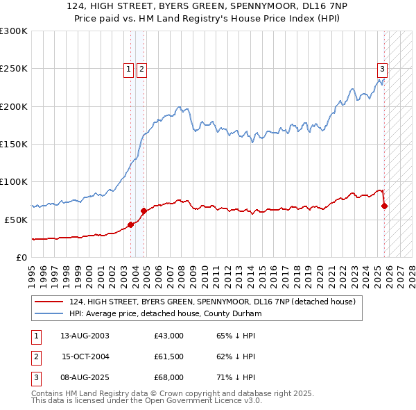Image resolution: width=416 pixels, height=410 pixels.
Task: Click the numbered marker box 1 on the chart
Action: coord(129,69)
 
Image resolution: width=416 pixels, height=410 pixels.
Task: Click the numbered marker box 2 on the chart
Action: coord(141,69)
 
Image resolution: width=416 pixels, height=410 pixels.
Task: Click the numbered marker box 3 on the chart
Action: coord(382,69)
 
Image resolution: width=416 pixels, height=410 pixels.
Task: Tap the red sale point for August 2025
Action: coord(384,206)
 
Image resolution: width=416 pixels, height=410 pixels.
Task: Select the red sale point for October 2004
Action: coord(144,211)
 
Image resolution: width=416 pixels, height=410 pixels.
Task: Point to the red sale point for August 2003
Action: coord(130,224)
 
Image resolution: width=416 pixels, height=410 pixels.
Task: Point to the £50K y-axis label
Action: coord(15,219)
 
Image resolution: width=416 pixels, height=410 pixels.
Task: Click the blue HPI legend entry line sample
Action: coord(50,313)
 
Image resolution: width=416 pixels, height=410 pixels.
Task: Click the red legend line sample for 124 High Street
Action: coord(50,302)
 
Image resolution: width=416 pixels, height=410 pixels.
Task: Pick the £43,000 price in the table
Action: coord(168,336)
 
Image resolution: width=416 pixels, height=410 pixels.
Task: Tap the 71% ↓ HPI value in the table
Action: coord(236,377)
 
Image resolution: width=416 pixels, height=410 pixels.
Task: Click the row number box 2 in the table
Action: coord(35,356)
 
